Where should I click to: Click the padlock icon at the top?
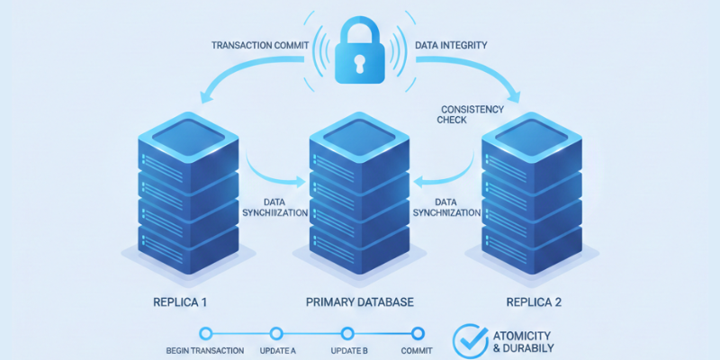click(x=360, y=55)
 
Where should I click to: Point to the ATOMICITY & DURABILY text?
click(x=525, y=341)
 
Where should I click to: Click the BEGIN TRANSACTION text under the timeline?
click(x=205, y=350)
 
